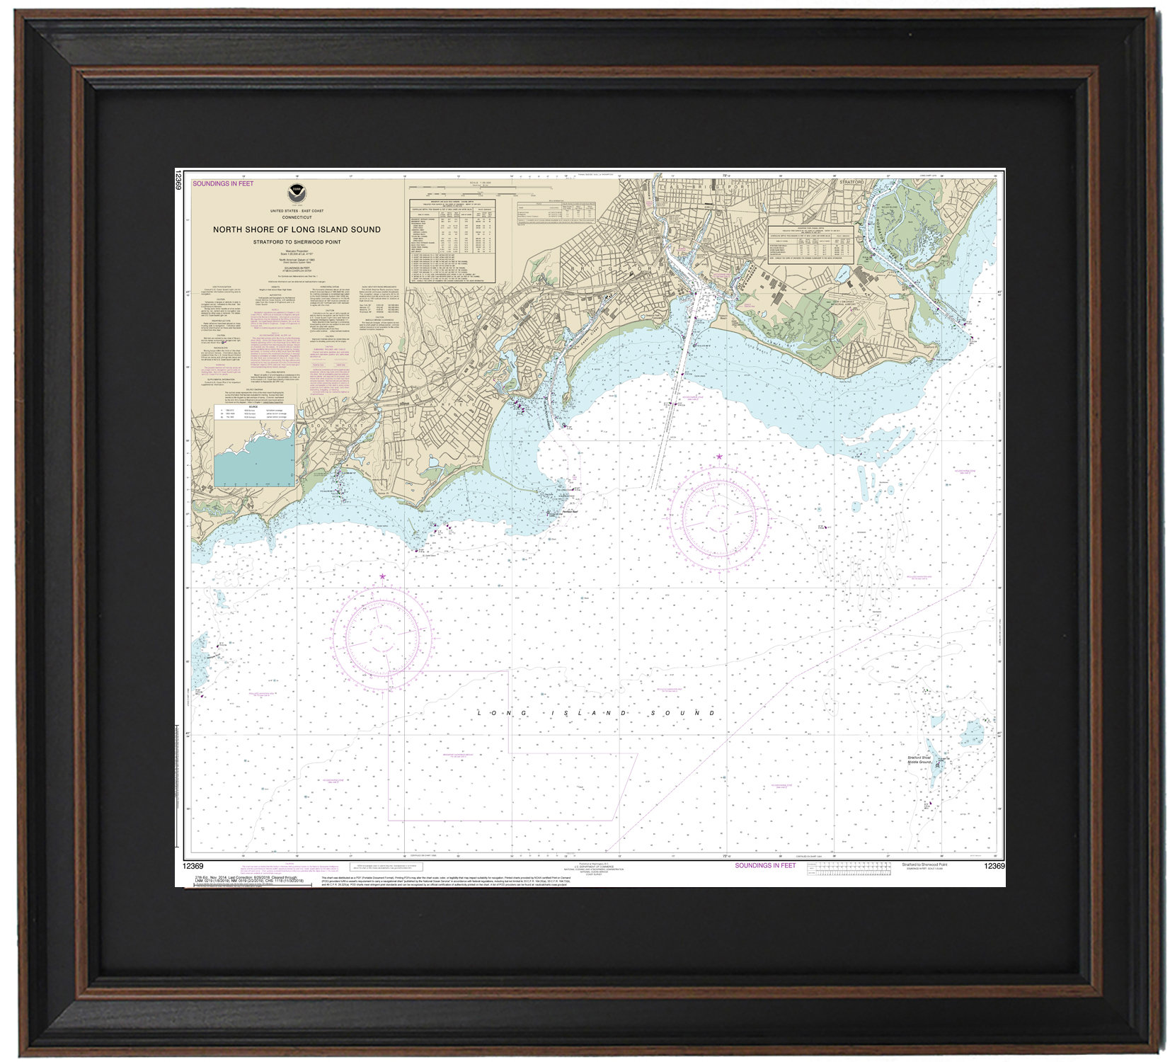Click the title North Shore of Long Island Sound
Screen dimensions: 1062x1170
click(297, 229)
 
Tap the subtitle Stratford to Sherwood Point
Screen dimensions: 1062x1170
click(297, 242)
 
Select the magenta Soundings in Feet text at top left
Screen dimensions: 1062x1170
click(223, 184)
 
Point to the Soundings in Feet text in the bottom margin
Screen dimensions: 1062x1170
click(765, 865)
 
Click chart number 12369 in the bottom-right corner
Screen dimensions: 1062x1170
click(994, 867)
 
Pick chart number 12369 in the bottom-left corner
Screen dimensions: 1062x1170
click(193, 866)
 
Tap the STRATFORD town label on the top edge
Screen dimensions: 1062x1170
click(851, 182)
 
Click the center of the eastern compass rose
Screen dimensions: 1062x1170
click(719, 511)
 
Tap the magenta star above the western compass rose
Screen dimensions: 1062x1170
click(383, 577)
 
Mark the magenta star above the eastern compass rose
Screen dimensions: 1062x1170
click(720, 457)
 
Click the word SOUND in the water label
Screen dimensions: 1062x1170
click(689, 712)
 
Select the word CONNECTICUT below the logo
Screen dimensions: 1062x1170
click(297, 217)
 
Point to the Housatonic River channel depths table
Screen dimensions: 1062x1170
click(810, 244)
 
